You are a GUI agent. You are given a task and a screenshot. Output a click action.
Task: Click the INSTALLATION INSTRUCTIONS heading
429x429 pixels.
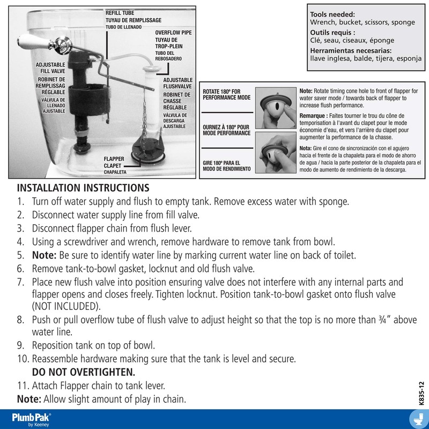coord(83,189)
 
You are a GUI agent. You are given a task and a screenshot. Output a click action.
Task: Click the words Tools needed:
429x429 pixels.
coord(334,14)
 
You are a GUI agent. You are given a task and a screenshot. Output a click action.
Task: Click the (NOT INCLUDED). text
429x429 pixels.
coord(66,306)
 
